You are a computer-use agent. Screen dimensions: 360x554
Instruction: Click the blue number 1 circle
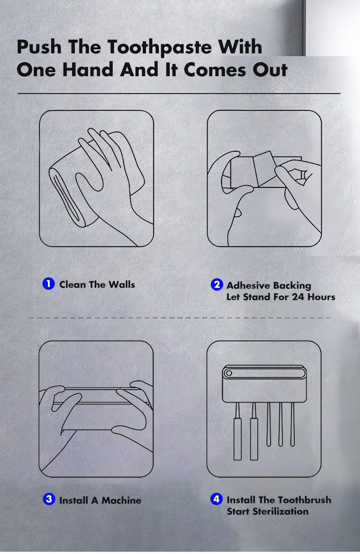[x=48, y=283]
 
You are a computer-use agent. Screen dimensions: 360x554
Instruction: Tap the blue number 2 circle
[x=217, y=285]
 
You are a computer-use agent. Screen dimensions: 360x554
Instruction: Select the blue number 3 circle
[x=49, y=499]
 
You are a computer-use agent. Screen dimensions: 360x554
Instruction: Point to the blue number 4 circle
[x=216, y=499]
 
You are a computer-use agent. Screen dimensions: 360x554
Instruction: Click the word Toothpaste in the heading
[x=160, y=47]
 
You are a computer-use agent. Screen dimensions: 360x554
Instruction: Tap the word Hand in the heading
[x=88, y=69]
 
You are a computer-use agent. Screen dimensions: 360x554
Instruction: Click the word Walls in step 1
[x=122, y=284]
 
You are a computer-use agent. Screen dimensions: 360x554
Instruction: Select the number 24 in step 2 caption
[x=298, y=297]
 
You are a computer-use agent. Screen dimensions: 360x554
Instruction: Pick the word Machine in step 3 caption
[x=121, y=500]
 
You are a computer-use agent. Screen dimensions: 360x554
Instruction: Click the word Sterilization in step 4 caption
[x=281, y=511]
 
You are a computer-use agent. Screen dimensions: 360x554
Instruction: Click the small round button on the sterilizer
[x=229, y=373]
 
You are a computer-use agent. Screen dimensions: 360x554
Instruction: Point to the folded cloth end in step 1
[x=66, y=198]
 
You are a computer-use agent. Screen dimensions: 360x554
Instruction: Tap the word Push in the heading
[x=39, y=47]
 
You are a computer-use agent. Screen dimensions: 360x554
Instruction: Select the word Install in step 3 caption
[x=73, y=500]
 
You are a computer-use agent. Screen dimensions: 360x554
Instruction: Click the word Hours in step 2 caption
[x=321, y=297]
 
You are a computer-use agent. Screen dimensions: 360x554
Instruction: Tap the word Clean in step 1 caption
[x=73, y=284]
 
